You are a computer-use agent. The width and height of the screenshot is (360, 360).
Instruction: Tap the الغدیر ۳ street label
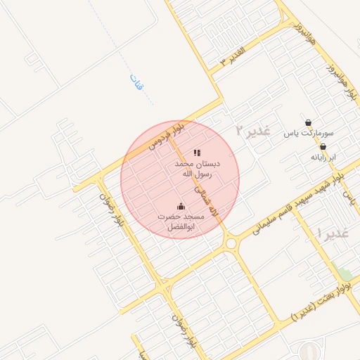(x=232, y=56)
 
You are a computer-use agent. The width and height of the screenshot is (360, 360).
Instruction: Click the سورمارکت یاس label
(x=309, y=132)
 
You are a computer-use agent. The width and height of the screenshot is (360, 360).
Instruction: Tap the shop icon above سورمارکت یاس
(x=308, y=122)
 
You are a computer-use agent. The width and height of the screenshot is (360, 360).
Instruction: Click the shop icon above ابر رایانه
(x=323, y=147)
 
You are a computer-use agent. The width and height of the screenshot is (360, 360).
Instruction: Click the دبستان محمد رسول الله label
(x=198, y=167)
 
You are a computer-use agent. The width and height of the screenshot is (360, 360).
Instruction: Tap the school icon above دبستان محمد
(x=198, y=152)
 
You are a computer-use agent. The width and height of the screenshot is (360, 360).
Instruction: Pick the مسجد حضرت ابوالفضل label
(x=181, y=222)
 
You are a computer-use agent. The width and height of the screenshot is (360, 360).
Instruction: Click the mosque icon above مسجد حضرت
(x=181, y=207)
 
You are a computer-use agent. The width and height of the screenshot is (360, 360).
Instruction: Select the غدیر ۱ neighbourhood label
(x=333, y=233)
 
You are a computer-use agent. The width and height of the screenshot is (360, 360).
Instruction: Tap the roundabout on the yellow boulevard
(x=231, y=243)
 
